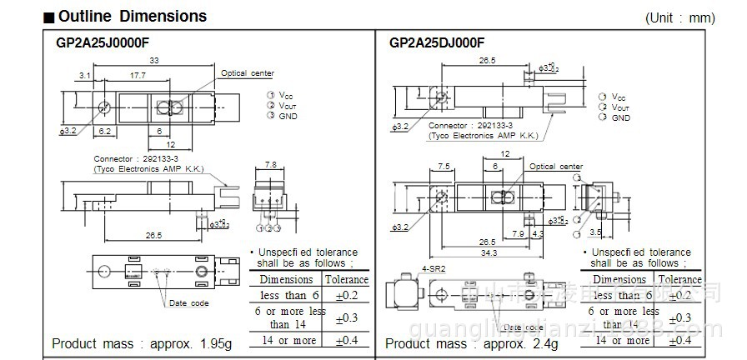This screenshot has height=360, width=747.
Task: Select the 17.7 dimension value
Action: coord(139,76)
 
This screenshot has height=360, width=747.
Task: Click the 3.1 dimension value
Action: coord(85,76)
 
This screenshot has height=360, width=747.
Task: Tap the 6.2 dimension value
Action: coord(105,132)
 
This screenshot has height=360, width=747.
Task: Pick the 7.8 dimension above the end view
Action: coord(269,165)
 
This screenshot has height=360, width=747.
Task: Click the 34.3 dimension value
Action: coord(489,252)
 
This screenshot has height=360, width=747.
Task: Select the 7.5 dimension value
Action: coord(444,167)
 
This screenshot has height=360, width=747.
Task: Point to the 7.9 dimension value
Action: coord(518,234)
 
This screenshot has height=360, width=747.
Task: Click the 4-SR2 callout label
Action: coord(434,269)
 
